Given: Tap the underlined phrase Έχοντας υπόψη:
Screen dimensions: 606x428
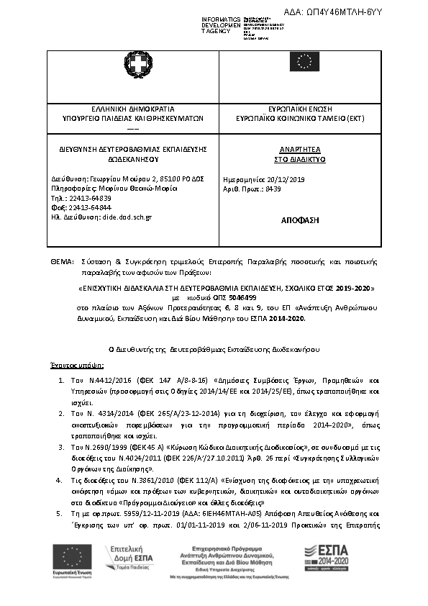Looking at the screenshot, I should coord(71,366).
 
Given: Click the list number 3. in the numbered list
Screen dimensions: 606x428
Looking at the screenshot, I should coord(61,447).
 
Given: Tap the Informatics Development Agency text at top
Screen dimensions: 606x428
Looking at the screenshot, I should coord(222,24).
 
